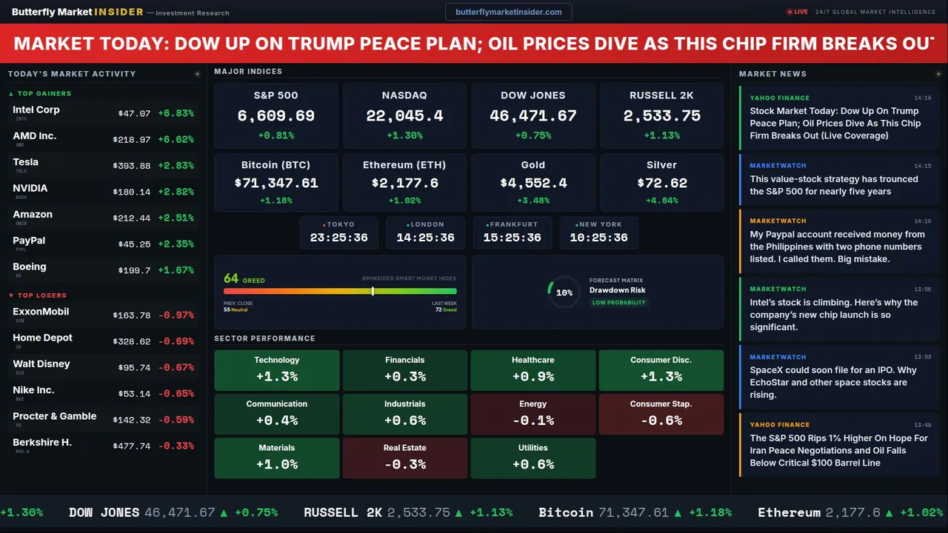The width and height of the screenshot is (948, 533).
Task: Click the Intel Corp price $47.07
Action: point(134,113)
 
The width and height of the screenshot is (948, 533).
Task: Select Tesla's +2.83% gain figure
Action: point(176,166)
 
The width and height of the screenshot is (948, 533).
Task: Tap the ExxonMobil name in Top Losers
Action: point(41,312)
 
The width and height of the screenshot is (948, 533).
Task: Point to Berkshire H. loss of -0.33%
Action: point(176,446)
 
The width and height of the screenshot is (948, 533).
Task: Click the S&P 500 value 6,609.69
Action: point(276,116)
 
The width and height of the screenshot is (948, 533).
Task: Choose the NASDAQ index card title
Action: point(404,95)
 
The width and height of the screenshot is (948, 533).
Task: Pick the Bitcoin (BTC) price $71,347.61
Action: point(276,183)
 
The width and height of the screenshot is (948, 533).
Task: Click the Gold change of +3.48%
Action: point(533,201)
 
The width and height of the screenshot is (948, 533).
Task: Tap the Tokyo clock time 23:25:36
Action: point(338,238)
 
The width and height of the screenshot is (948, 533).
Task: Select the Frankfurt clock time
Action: point(512,238)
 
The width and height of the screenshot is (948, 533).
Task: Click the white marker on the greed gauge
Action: point(373,291)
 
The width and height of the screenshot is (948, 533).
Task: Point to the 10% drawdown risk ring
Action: point(564,292)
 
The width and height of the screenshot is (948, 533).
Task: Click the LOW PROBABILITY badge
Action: point(618,303)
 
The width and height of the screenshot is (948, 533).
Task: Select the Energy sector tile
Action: point(533,414)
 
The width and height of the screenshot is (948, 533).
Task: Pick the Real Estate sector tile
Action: point(404,457)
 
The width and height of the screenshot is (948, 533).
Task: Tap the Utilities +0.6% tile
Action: point(533,457)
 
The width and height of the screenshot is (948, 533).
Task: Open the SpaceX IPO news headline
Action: point(833,382)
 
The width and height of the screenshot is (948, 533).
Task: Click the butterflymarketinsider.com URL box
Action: point(508,12)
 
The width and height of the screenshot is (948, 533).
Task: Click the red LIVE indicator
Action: point(798,12)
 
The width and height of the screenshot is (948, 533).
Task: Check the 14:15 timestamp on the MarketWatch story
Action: point(922,166)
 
